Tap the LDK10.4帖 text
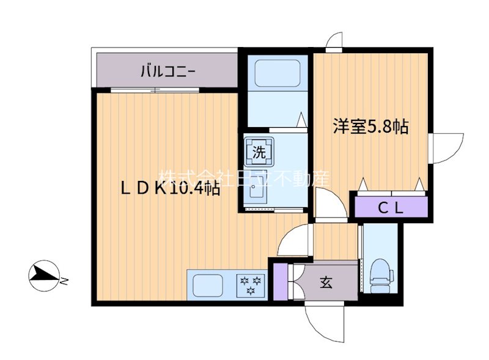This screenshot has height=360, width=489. click(x=169, y=189)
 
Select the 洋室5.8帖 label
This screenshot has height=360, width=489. click(x=370, y=127)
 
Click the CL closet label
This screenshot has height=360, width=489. click(x=390, y=208)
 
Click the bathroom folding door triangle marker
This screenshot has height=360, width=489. click(x=301, y=120)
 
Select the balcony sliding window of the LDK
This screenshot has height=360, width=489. click(x=156, y=90)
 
